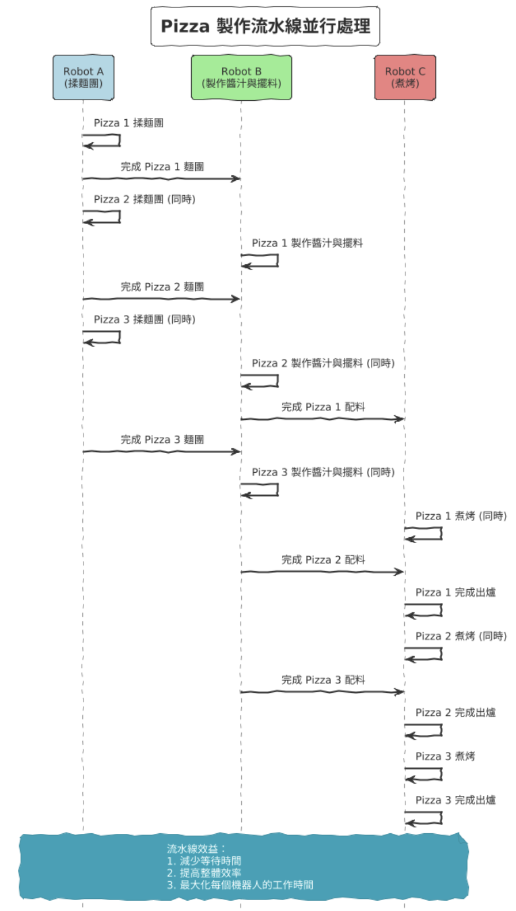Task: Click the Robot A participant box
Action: coord(84,77)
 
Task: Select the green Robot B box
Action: coord(241,77)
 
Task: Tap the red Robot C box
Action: coord(405,77)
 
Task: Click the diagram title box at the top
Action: coord(265,26)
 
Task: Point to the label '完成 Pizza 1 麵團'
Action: coord(162,167)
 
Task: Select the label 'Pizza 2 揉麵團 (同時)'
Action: coord(145,199)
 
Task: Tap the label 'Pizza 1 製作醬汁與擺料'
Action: coord(307,243)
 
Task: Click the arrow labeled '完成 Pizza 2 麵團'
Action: coord(161,299)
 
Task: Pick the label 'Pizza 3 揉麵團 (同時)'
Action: coord(145,320)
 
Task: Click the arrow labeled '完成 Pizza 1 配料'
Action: coord(322,419)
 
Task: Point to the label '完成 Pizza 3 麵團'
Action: coord(162,440)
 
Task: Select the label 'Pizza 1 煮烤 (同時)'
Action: coord(461,516)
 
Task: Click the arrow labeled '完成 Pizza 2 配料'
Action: coord(322,572)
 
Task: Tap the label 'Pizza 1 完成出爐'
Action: coord(456,593)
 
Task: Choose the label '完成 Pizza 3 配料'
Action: coord(323,680)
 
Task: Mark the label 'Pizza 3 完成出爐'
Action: coord(456,800)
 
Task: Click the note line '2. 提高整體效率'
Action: coord(204,873)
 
